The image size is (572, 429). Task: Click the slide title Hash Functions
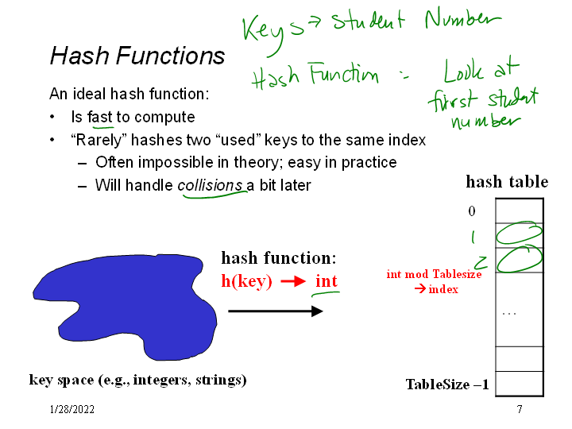click(137, 56)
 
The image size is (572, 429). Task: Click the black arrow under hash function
click(275, 311)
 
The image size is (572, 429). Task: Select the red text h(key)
click(246, 281)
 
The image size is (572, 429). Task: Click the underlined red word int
click(327, 281)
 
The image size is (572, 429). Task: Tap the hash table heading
click(507, 182)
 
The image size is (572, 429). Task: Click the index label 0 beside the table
click(472, 211)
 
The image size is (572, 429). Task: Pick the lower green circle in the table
click(520, 258)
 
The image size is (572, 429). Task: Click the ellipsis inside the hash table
click(509, 312)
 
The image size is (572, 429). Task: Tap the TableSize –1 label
click(447, 385)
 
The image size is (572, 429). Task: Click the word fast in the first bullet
click(100, 118)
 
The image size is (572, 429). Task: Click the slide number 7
click(519, 410)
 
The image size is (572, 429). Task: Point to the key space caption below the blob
click(137, 380)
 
